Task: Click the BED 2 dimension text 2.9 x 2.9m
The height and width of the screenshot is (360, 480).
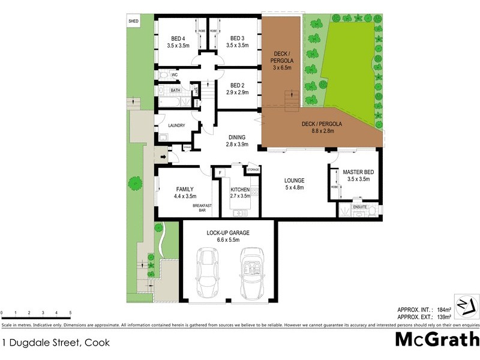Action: (x=237, y=93)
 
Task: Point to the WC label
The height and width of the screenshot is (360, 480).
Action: (x=175, y=75)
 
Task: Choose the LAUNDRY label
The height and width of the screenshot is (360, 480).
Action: (x=176, y=125)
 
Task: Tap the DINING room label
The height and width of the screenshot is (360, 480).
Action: (x=237, y=137)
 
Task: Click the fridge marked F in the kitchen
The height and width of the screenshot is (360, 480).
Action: (x=221, y=173)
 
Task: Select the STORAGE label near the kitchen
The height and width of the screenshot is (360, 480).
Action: (x=253, y=170)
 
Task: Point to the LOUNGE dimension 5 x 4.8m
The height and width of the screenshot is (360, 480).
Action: (x=294, y=188)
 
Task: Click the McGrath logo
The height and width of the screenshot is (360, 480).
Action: (x=436, y=339)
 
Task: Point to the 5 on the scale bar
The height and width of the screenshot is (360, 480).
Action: (x=70, y=313)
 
